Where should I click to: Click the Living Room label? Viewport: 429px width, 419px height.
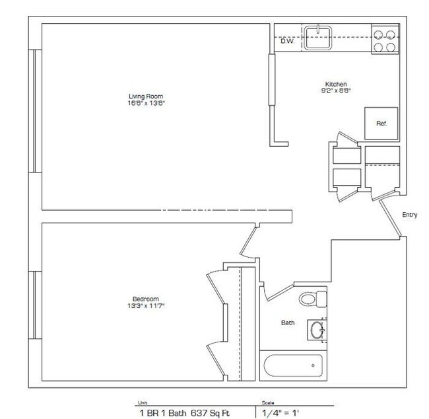point(146,96)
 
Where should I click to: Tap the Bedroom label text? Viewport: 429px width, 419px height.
point(146,299)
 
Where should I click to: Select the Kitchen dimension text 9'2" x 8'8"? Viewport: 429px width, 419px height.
point(336,91)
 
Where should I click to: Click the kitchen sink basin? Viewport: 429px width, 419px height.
point(318,38)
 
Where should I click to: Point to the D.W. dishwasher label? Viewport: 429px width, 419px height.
point(287,41)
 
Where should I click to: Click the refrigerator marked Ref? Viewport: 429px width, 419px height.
point(381,124)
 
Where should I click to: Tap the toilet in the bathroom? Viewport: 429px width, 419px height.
point(313,299)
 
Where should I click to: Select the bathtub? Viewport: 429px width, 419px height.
point(293,366)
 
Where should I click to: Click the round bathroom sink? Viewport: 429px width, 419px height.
point(317,330)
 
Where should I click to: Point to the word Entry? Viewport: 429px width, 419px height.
point(410,215)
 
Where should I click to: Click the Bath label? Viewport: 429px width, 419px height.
point(288,323)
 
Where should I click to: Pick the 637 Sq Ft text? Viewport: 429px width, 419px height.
point(210,412)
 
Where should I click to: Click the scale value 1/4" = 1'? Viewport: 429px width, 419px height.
point(280,412)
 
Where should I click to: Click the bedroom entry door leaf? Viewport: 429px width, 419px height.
point(248,241)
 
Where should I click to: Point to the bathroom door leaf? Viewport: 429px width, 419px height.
point(280,293)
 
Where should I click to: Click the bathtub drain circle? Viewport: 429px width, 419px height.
point(313,365)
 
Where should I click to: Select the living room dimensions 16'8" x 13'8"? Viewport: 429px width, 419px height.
point(147,103)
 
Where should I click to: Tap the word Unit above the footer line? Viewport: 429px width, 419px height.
point(143,402)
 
